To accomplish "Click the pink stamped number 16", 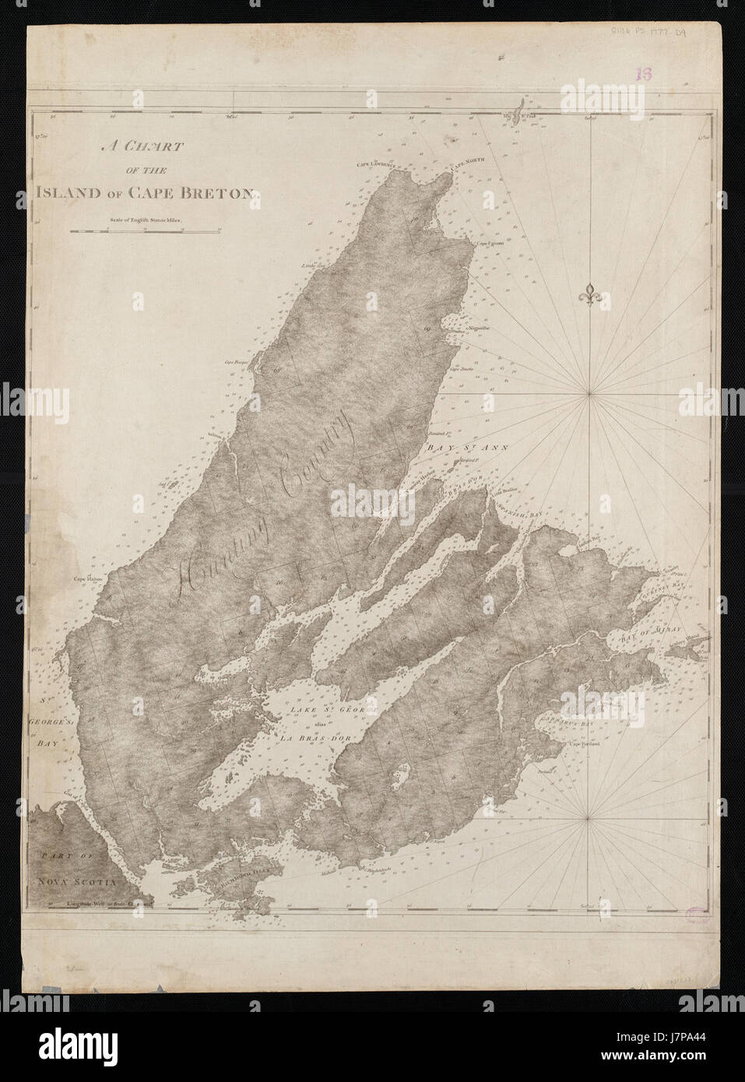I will [643, 75].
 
